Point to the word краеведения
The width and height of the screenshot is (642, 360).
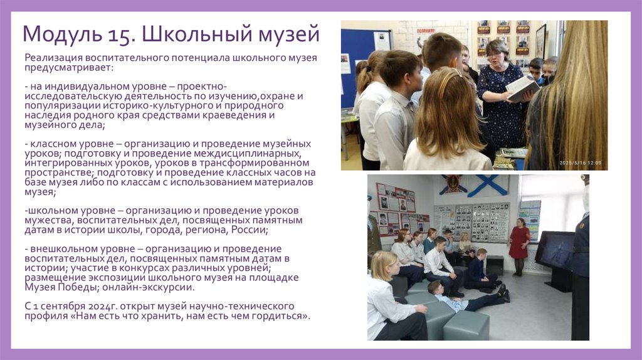[x=234, y=115]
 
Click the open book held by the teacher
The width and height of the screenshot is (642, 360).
[x=522, y=88]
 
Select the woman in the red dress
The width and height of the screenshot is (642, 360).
[x=519, y=245]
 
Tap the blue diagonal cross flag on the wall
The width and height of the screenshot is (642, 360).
[x=487, y=186]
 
